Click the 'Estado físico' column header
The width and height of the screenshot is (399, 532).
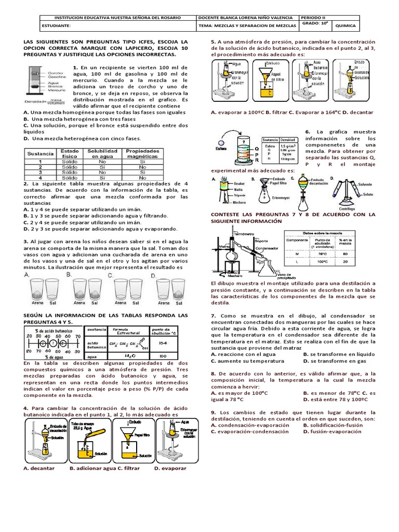[x=70, y=153]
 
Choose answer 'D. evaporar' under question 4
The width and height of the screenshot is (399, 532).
[x=170, y=468]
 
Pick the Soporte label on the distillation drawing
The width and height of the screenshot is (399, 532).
[x=261, y=241]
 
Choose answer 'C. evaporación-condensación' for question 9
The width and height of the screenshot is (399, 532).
[x=246, y=431]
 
